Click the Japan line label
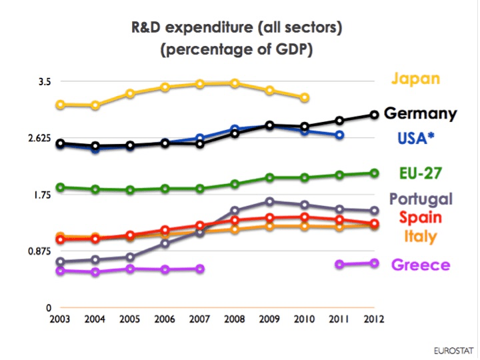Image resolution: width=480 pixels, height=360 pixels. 415,79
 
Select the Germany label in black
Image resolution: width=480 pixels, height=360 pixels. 421,114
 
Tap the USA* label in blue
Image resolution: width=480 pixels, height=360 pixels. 417,139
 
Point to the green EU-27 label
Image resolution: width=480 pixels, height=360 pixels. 420,174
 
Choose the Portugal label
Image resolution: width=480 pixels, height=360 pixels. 421,199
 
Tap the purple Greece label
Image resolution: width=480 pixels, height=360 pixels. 421,265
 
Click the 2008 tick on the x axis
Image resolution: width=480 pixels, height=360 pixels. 235,319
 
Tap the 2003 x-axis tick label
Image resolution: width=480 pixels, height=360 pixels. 60,319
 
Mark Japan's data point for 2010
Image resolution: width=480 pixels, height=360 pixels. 305,98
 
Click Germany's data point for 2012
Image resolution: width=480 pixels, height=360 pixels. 375,115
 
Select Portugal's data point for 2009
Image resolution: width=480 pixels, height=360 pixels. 269,201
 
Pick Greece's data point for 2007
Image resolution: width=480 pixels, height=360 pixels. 199,269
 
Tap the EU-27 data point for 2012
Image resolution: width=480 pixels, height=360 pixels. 375,173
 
